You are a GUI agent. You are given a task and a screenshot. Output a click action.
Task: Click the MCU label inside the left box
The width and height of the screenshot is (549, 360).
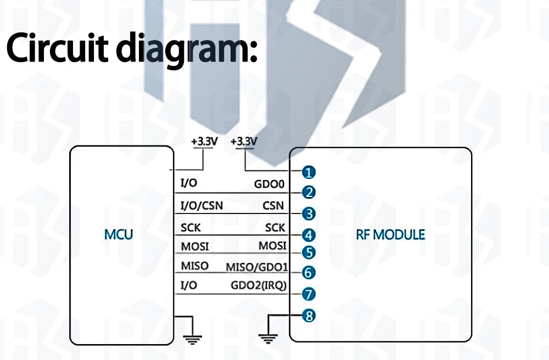(x=119, y=234)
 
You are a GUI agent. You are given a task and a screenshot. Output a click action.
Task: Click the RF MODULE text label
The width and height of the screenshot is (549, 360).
(x=390, y=234)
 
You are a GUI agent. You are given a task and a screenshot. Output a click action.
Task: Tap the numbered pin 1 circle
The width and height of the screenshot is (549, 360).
(x=309, y=172)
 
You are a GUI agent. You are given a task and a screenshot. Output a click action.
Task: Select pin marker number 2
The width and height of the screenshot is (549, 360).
(x=309, y=193)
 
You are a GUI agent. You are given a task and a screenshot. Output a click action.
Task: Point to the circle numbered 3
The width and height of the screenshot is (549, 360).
(x=309, y=213)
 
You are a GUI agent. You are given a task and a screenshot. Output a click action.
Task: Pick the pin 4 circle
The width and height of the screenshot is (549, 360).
(x=309, y=235)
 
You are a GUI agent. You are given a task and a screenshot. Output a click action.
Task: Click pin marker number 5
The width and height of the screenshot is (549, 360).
(x=309, y=252)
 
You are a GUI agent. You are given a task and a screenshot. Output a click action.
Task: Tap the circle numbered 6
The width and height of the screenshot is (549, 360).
(x=309, y=272)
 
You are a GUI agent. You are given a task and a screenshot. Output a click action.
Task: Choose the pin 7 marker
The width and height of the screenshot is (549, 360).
(x=309, y=294)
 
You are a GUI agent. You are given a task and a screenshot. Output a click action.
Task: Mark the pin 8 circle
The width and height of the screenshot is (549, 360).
(x=309, y=316)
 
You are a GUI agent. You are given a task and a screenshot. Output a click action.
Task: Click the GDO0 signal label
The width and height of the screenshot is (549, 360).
(x=269, y=185)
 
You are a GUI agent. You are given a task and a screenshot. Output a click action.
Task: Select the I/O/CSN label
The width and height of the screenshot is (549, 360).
(x=201, y=206)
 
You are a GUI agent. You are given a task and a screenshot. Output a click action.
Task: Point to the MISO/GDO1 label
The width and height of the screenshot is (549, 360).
(x=257, y=267)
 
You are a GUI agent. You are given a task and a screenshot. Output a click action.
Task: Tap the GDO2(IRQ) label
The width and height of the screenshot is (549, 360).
(x=259, y=285)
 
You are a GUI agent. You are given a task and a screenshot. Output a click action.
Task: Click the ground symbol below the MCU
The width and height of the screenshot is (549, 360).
(x=192, y=339)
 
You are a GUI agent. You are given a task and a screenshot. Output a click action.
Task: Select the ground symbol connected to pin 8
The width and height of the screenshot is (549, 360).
(x=267, y=339)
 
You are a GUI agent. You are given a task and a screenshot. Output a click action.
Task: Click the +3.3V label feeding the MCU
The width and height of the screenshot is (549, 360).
(x=204, y=142)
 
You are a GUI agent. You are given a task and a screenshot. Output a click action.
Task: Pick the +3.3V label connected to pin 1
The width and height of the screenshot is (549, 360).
(x=244, y=142)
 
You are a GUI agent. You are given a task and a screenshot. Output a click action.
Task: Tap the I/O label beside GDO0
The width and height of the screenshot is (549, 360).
(x=189, y=183)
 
